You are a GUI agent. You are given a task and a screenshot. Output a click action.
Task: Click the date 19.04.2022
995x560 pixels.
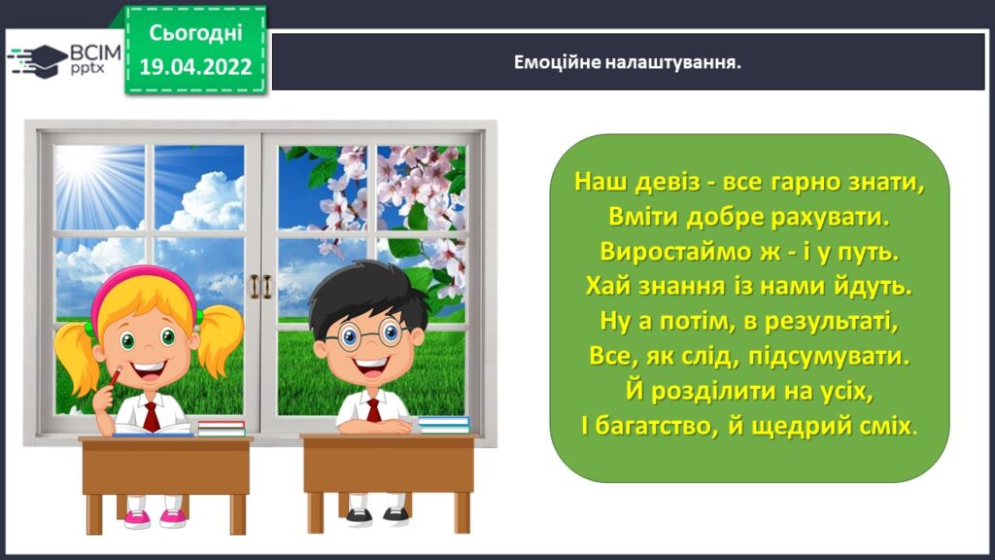click(195, 67)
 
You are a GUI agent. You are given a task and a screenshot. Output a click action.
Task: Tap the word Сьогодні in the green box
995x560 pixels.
click(195, 33)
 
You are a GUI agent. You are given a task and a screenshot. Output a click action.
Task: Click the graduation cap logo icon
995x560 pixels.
click(37, 61)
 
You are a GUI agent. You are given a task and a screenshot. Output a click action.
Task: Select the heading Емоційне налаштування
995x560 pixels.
click(627, 63)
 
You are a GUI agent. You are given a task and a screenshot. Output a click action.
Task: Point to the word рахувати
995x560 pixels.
click(831, 217)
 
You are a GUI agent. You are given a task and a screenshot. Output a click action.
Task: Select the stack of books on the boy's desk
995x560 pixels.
click(443, 424)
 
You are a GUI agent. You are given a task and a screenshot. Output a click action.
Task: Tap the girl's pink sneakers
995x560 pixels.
click(154, 518)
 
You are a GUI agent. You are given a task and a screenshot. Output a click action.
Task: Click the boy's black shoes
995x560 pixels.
click(378, 516)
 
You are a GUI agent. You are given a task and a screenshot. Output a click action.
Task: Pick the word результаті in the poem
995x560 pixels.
click(832, 321)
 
